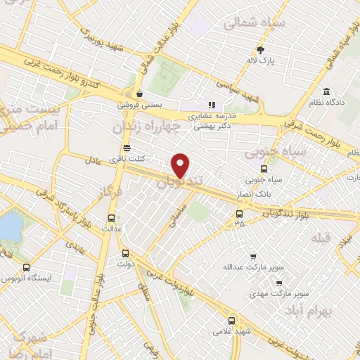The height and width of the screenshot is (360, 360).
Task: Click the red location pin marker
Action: point(181,165)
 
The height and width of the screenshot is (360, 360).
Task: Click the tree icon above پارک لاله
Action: point(261,50)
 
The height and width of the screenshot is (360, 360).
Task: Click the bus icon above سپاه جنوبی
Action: point(264,169)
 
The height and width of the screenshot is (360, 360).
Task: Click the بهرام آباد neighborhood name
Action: point(330,310)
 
